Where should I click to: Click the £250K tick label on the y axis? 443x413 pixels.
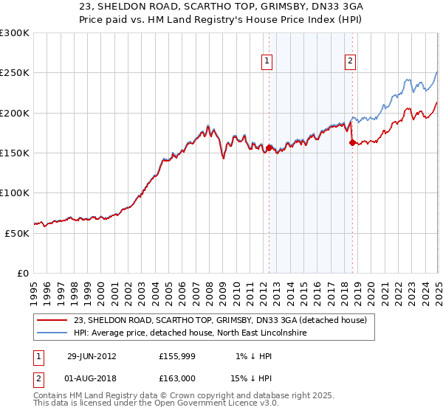click(15, 73)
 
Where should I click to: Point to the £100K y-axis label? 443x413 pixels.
click(15, 192)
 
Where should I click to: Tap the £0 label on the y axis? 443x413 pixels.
click(23, 273)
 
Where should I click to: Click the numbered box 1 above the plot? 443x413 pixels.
click(267, 61)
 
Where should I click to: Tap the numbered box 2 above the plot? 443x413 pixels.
click(350, 61)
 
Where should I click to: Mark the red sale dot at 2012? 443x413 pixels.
click(269, 147)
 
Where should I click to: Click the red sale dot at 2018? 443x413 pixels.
click(352, 142)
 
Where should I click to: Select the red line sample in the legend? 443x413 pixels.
click(53, 320)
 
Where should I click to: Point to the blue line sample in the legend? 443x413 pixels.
click(53, 333)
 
